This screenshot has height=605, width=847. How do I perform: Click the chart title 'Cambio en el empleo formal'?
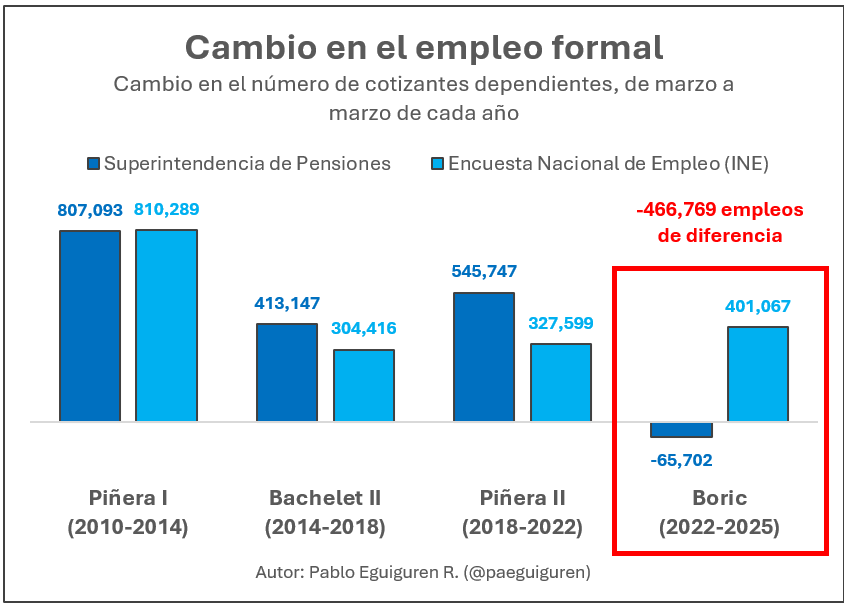tap(423, 47)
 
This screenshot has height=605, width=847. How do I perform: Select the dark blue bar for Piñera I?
tap(90, 326)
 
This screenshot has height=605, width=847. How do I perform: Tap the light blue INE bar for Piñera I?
tap(166, 326)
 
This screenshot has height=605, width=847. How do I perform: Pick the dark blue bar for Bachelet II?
tap(287, 372)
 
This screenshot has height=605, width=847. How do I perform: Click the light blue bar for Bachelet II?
tap(364, 385)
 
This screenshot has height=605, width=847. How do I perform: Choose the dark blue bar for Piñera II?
tap(484, 357)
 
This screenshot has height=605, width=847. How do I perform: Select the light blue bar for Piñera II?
tap(561, 382)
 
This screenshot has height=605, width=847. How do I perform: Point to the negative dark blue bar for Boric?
tap(681, 430)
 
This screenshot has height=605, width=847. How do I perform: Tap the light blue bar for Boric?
tap(758, 374)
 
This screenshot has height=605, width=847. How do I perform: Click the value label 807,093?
tap(90, 211)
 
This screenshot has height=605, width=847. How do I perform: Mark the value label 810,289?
tap(166, 210)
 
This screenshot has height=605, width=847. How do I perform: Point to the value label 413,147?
tap(287, 304)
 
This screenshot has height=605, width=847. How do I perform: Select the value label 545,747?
tap(484, 272)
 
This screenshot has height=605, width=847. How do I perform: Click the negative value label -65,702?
tap(681, 460)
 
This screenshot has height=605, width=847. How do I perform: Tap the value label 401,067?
tap(758, 306)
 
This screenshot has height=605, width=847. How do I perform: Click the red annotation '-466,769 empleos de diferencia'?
tap(719, 223)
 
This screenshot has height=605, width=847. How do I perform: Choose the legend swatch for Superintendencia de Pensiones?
tap(94, 164)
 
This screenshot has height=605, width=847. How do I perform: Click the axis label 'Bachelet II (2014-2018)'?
tap(325, 512)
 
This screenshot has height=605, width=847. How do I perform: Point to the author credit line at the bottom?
tap(423, 572)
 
